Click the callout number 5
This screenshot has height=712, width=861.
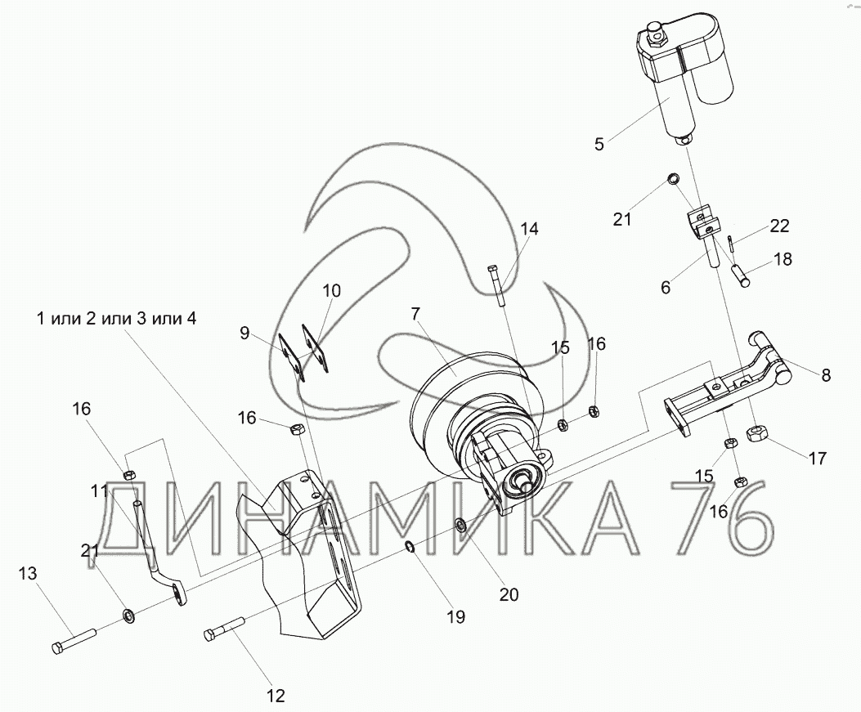click(599, 145)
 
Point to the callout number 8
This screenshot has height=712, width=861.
click(825, 375)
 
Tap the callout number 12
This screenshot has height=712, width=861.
click(276, 696)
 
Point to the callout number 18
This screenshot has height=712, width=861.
click(783, 260)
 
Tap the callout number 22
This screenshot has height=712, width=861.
click(780, 226)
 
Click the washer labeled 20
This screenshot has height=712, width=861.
click(461, 525)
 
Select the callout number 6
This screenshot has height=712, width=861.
click(666, 287)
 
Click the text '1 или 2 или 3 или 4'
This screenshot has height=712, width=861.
click(115, 318)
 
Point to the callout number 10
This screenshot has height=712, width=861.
click(331, 290)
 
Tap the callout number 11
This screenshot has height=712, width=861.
click(100, 491)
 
